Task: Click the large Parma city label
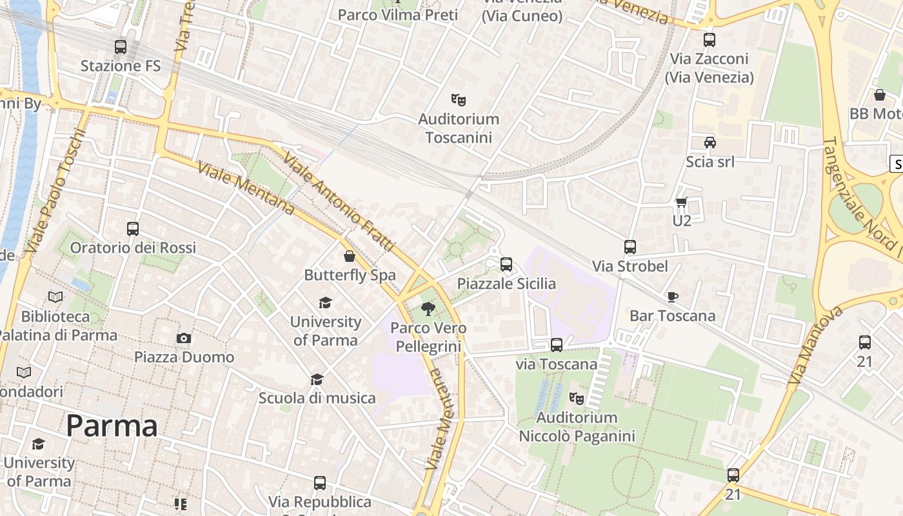(x=112, y=426)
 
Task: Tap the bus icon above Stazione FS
(x=121, y=47)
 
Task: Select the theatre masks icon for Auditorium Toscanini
(x=459, y=100)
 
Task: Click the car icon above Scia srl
(x=709, y=143)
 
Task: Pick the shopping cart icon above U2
(x=682, y=203)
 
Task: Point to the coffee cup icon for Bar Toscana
(x=673, y=297)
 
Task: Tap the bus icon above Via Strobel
(x=630, y=247)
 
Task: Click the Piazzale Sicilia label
(x=506, y=283)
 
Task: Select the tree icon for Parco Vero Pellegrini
(x=426, y=309)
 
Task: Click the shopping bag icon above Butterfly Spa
(x=350, y=256)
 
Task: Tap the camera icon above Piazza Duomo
(x=184, y=338)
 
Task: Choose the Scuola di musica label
(x=317, y=398)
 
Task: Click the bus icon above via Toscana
(x=557, y=345)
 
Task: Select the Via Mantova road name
(x=815, y=346)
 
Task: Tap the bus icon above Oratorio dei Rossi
(x=133, y=229)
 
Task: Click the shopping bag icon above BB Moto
(x=879, y=95)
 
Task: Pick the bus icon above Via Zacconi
(x=709, y=40)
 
